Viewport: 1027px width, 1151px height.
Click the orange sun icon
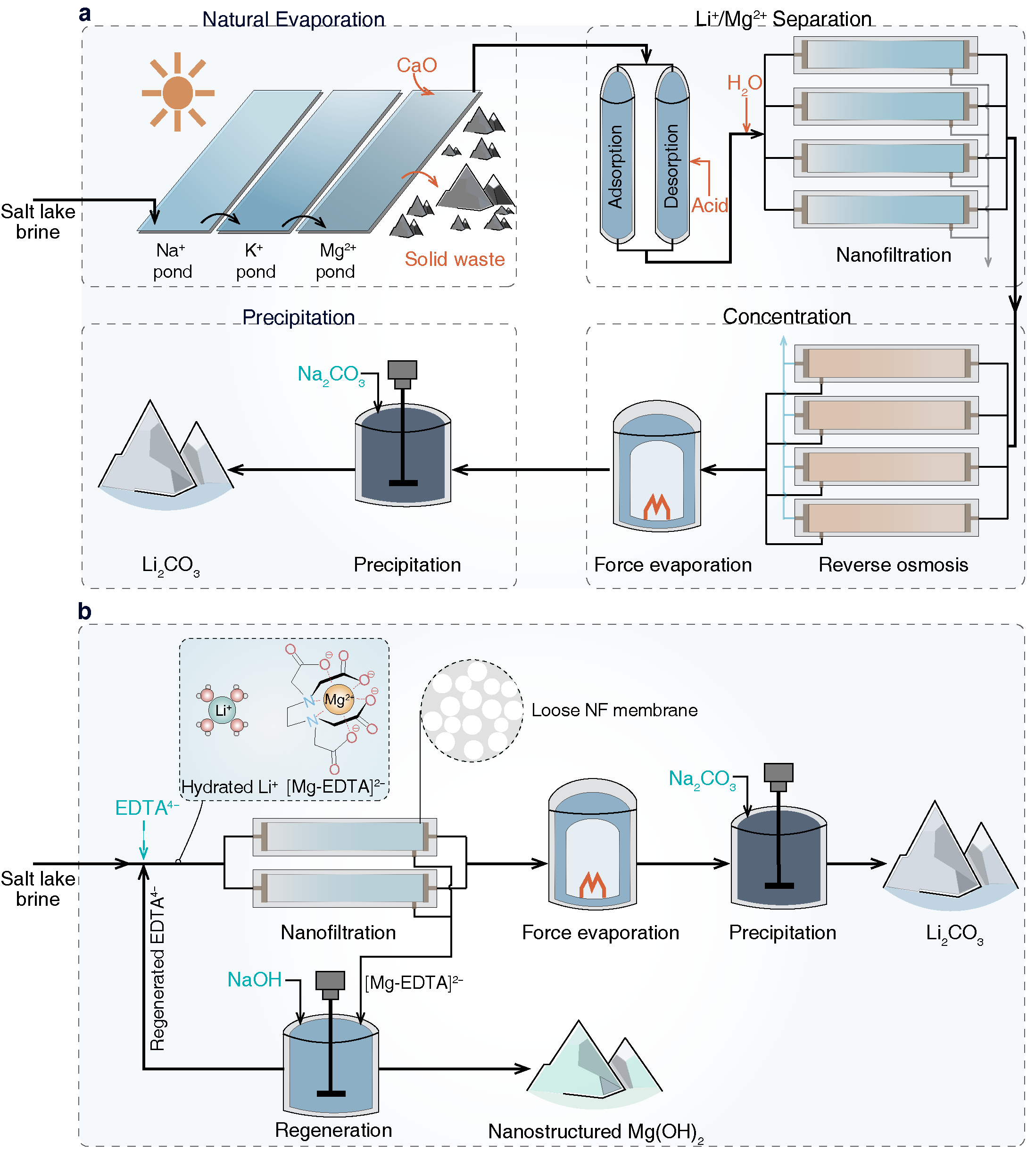coord(178,92)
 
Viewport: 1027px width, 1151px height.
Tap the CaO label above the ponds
coord(416,66)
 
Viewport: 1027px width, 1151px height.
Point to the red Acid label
coord(709,206)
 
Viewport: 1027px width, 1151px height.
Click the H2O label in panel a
coord(744,83)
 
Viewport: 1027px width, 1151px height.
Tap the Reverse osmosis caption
coord(893,565)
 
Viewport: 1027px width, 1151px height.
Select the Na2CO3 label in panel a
coord(331,375)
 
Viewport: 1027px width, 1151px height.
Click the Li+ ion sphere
coord(223,710)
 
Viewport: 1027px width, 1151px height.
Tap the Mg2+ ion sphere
coord(338,700)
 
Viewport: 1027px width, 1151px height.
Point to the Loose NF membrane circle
coord(472,710)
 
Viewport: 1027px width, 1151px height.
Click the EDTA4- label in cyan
coord(146,808)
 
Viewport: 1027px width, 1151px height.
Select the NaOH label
coord(254,979)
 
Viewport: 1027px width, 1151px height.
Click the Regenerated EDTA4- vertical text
coord(157,968)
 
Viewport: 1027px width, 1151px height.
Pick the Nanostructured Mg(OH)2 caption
coord(596,1131)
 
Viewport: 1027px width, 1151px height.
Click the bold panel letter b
coord(85,612)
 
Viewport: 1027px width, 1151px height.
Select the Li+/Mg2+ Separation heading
coord(783,19)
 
